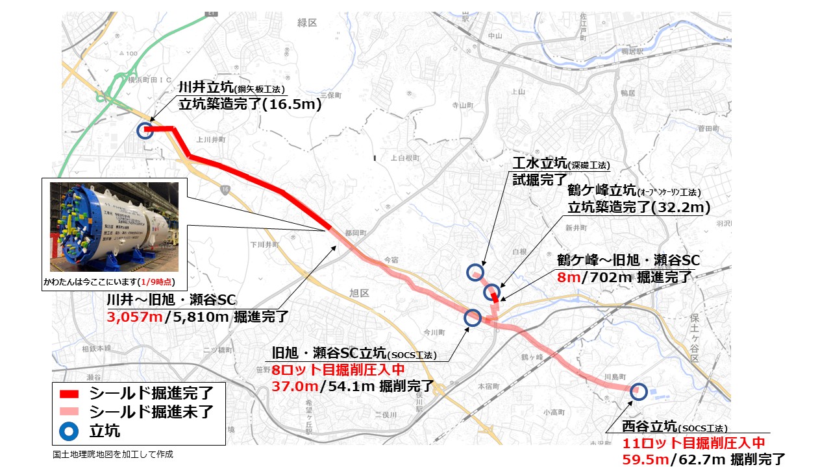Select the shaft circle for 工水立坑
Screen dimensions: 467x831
[x=476, y=272]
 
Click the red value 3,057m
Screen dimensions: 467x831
[x=134, y=317]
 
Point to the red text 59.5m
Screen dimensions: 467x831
[x=646, y=459]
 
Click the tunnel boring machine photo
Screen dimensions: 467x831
[x=114, y=226]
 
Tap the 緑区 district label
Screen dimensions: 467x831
[x=307, y=23]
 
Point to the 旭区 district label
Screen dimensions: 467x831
[x=359, y=293]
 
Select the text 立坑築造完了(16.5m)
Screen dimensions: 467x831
[x=250, y=104]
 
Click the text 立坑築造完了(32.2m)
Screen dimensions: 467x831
[x=639, y=208]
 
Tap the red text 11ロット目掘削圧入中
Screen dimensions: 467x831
[x=694, y=444]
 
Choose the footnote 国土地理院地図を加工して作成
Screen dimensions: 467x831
[x=113, y=455]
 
